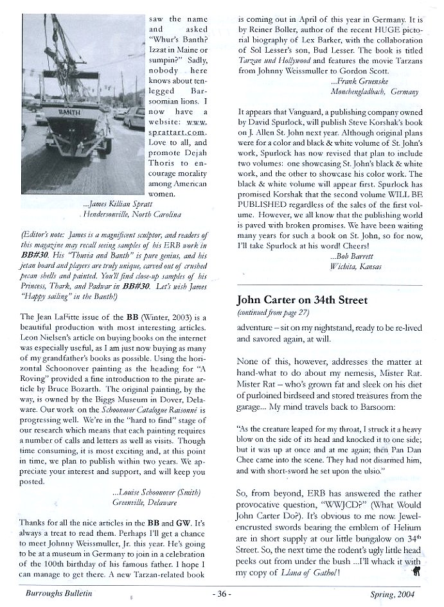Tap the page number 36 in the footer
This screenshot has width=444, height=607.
[x=222, y=595]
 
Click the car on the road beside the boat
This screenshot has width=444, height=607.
[x=132, y=118]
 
